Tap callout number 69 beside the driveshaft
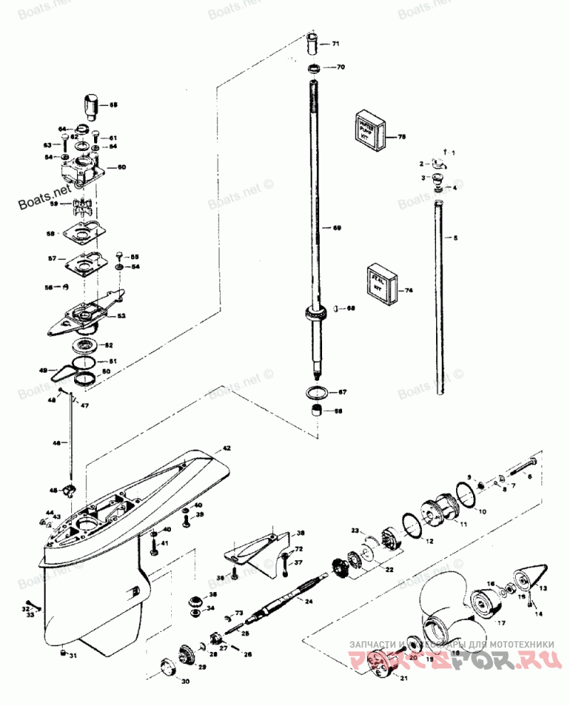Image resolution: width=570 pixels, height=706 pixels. click(338, 228)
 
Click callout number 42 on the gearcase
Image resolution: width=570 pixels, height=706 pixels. click(227, 448)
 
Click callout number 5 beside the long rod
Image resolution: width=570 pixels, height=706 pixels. click(457, 237)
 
